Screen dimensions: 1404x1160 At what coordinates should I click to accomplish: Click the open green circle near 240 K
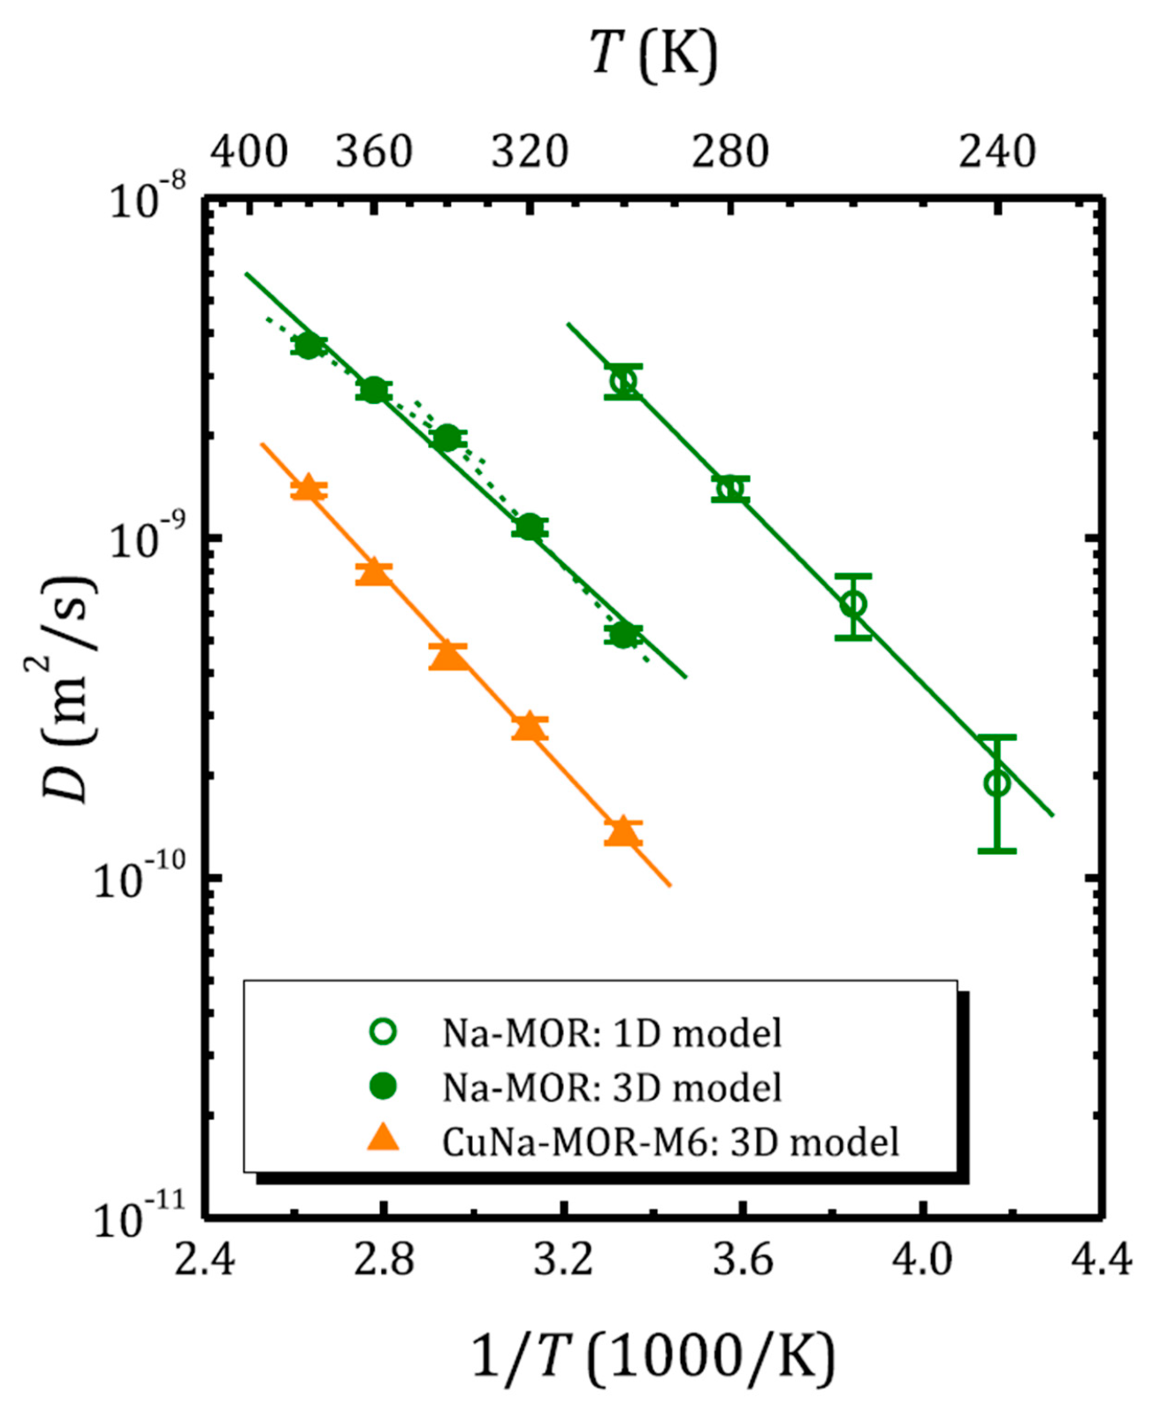(x=996, y=782)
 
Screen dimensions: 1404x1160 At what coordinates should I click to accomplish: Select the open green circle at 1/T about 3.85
(x=853, y=605)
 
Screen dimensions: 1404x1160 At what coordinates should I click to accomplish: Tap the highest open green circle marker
(x=623, y=382)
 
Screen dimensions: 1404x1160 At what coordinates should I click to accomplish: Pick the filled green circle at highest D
(x=308, y=345)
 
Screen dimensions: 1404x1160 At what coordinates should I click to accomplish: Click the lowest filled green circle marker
(x=623, y=634)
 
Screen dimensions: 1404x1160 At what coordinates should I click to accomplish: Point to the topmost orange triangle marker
(x=308, y=488)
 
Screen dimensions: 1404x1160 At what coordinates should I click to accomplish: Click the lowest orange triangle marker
(x=622, y=831)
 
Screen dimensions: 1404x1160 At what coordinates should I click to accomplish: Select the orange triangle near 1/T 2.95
(x=447, y=655)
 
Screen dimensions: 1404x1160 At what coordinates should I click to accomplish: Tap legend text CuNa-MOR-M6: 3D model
(x=670, y=1141)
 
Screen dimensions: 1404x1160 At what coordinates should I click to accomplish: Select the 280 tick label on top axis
(x=729, y=152)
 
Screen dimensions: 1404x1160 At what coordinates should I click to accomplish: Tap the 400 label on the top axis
(x=248, y=152)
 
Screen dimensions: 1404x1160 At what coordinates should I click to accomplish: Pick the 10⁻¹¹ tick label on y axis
(x=140, y=1219)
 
